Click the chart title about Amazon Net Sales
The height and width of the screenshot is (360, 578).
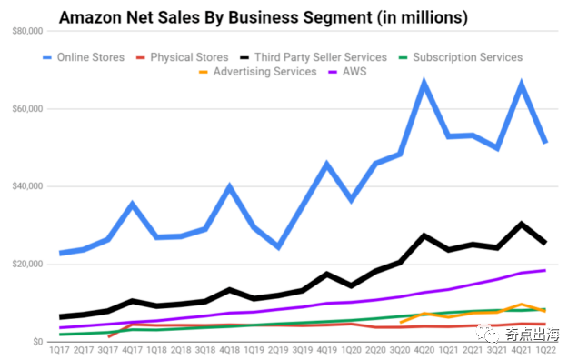pyautogui.click(x=264, y=17)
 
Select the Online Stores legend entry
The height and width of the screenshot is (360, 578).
pyautogui.click(x=84, y=57)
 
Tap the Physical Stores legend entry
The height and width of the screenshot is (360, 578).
pyautogui.click(x=183, y=57)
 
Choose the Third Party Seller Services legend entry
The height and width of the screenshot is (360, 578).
pyautogui.click(x=314, y=57)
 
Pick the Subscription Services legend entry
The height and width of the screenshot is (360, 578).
pyautogui.click(x=461, y=57)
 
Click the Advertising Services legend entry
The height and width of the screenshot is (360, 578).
pyautogui.click(x=258, y=71)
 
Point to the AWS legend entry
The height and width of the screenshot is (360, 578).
pyautogui.click(x=347, y=71)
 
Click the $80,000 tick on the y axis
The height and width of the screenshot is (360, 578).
pyautogui.click(x=27, y=31)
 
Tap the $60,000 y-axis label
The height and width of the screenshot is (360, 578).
pyautogui.click(x=27, y=109)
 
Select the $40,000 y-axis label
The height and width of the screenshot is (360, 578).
pyautogui.click(x=27, y=186)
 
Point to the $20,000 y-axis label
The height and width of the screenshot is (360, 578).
pyautogui.click(x=27, y=265)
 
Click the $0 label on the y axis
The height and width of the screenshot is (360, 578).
pyautogui.click(x=38, y=342)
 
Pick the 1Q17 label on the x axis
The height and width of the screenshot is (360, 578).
pyautogui.click(x=59, y=350)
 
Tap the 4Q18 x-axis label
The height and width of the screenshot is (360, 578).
pyautogui.click(x=230, y=350)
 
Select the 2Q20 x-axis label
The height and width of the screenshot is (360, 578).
pyautogui.click(x=375, y=350)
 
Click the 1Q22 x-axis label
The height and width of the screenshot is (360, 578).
pyautogui.click(x=546, y=350)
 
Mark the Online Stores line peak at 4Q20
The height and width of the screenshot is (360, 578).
pyautogui.click(x=424, y=82)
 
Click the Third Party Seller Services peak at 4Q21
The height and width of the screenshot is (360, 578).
pyautogui.click(x=522, y=223)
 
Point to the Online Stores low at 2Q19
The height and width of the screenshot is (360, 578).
pyautogui.click(x=278, y=246)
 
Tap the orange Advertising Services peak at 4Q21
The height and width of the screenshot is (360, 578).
pyautogui.click(x=522, y=305)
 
